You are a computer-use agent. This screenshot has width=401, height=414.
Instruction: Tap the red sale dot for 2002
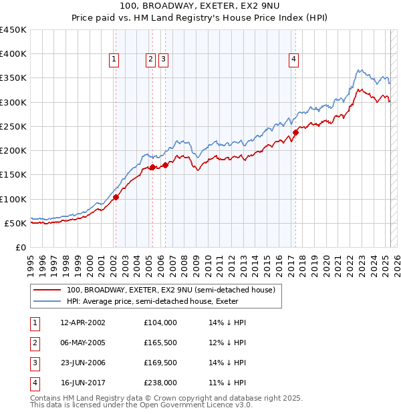tap(116, 197)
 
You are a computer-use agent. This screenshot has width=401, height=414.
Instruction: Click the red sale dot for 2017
tap(295, 132)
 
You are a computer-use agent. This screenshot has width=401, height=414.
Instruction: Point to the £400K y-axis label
tap(13, 54)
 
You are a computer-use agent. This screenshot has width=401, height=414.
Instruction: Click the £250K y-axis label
tap(13, 126)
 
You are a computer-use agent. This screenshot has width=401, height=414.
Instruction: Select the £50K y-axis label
tap(16, 223)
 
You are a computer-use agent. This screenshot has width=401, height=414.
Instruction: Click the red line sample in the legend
tap(47, 290)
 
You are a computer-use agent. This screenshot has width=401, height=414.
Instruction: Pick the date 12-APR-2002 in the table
tap(83, 323)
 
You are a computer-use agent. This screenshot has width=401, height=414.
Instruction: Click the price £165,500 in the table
tap(160, 343)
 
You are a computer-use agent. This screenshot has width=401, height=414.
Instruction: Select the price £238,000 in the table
tap(160, 383)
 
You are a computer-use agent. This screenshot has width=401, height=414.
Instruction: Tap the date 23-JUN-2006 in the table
tap(83, 363)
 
